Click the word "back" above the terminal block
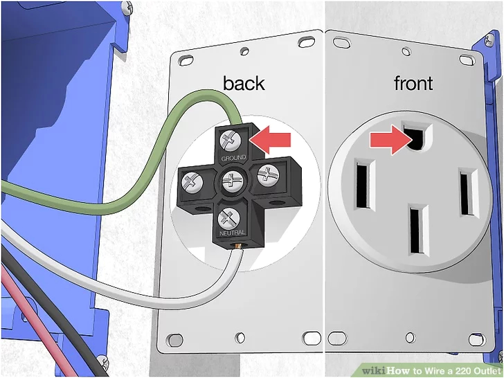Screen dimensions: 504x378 point(244,83)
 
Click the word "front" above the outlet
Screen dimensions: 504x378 point(413,83)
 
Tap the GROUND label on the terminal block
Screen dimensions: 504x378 point(234,158)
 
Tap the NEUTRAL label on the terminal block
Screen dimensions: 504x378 point(232,233)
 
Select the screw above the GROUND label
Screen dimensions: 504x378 point(231,141)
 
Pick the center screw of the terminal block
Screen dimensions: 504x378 point(231,181)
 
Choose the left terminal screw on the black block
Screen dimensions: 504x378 point(192,183)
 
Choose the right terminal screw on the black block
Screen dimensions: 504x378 point(268,176)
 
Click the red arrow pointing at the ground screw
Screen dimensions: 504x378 point(270,140)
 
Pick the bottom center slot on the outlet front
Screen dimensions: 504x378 point(419,230)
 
